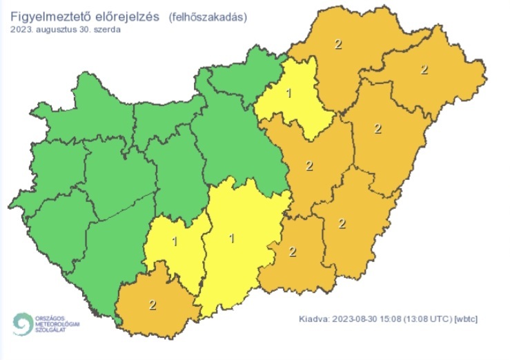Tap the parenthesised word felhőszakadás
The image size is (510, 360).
(x=207, y=17)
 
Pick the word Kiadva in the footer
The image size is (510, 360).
(x=313, y=319)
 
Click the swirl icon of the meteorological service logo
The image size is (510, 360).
(x=23, y=324)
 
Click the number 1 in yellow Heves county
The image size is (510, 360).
(x=290, y=93)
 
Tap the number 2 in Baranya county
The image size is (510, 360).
(x=152, y=303)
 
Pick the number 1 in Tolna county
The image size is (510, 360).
(x=175, y=241)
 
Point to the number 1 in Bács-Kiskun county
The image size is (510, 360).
(x=231, y=239)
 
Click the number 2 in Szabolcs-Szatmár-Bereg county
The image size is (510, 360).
(x=424, y=70)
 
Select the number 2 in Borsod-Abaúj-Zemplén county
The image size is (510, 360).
(x=337, y=45)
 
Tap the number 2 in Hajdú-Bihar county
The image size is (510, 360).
(x=377, y=128)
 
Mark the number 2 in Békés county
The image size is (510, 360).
(x=342, y=222)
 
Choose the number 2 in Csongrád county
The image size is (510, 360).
(x=293, y=251)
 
